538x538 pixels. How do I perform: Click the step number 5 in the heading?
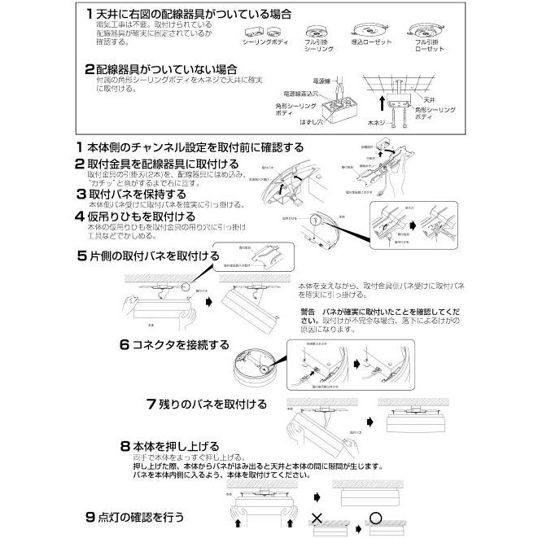[x=81, y=256]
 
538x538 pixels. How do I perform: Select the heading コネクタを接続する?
[x=179, y=344]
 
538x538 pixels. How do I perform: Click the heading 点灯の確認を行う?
[x=141, y=516]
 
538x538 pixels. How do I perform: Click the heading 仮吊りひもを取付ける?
[x=142, y=217]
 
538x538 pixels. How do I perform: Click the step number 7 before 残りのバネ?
[x=151, y=404]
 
